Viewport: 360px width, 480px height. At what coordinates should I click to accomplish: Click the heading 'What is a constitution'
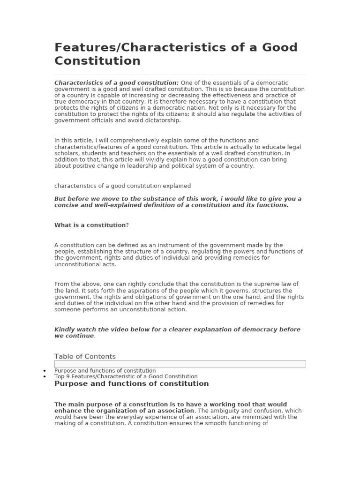click(x=90, y=225)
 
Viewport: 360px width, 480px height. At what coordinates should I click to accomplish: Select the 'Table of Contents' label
click(x=85, y=356)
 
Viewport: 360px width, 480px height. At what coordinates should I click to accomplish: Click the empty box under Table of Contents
click(x=180, y=364)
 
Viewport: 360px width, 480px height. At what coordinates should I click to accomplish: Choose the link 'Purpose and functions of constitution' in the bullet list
click(x=105, y=370)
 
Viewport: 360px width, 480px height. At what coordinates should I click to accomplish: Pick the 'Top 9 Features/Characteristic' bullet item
click(x=126, y=376)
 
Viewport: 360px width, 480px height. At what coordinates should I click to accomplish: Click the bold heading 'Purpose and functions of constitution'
click(x=131, y=383)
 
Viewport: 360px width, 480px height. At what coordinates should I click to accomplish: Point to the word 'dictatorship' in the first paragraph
click(x=164, y=120)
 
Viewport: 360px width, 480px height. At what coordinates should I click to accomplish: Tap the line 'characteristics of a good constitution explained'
click(x=122, y=186)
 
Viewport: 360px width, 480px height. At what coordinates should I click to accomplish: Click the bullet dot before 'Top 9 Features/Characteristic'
click(x=45, y=377)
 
